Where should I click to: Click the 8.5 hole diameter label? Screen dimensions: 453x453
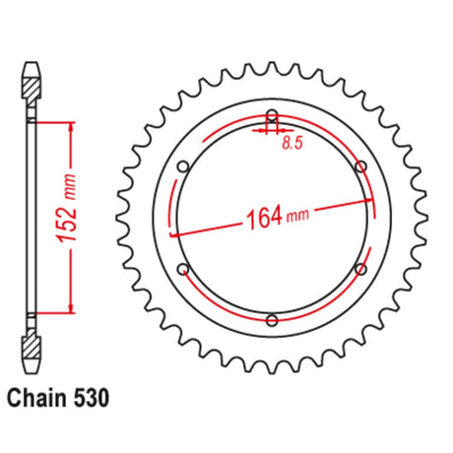point(292,143)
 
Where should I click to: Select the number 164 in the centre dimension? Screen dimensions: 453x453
point(265,219)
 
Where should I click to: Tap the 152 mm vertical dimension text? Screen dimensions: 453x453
point(67,210)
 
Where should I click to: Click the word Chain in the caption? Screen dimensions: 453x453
point(36,398)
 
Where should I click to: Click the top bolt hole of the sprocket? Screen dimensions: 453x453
point(272,115)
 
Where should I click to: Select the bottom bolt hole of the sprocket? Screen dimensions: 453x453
point(272,320)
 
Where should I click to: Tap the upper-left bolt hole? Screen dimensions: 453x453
point(183,166)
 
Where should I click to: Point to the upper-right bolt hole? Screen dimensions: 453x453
point(361,166)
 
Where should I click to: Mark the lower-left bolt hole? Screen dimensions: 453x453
point(183,269)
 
